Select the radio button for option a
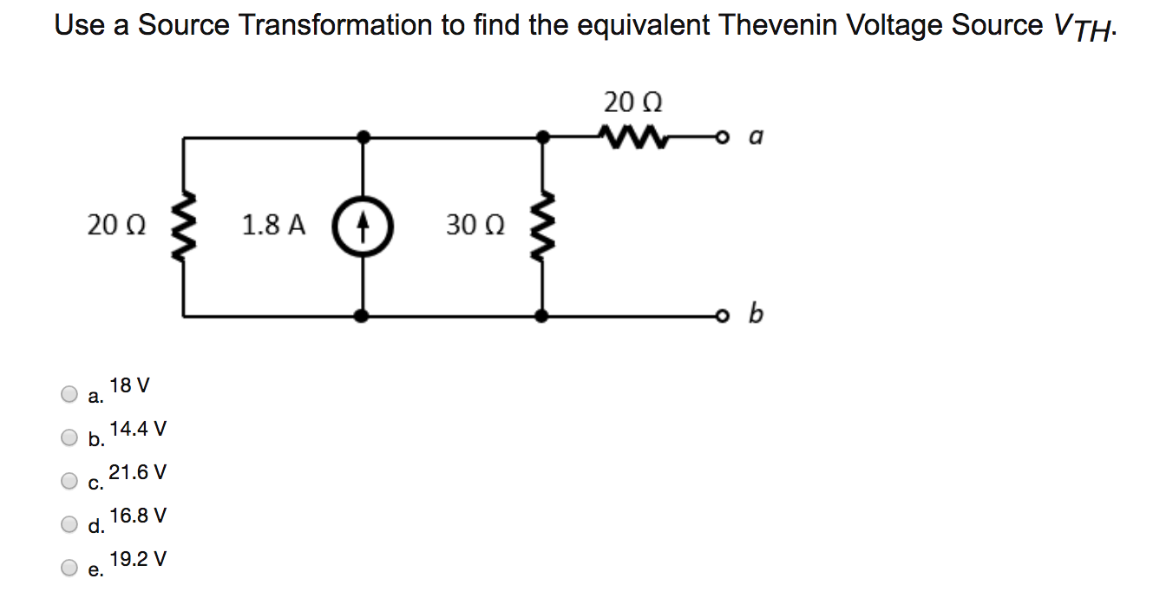point(69,395)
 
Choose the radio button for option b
point(69,438)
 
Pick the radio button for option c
point(69,482)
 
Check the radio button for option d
point(69,525)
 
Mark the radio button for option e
point(69,569)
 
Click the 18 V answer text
point(130,385)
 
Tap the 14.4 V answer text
point(139,428)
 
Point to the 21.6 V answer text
point(139,472)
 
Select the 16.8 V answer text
point(139,516)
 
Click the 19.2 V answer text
point(139,559)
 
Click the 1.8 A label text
point(274,226)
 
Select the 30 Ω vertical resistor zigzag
point(543,226)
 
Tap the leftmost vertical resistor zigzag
point(183,226)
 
